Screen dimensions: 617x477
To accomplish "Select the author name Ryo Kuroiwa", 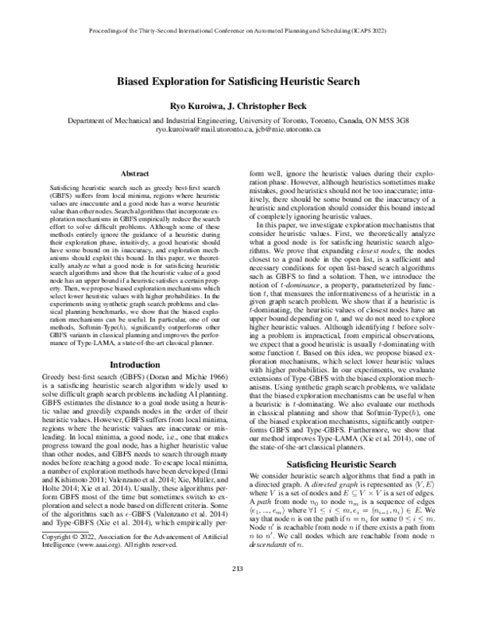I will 185,106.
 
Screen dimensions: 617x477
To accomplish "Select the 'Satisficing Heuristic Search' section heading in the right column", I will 346,465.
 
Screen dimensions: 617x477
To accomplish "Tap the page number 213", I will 238,589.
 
